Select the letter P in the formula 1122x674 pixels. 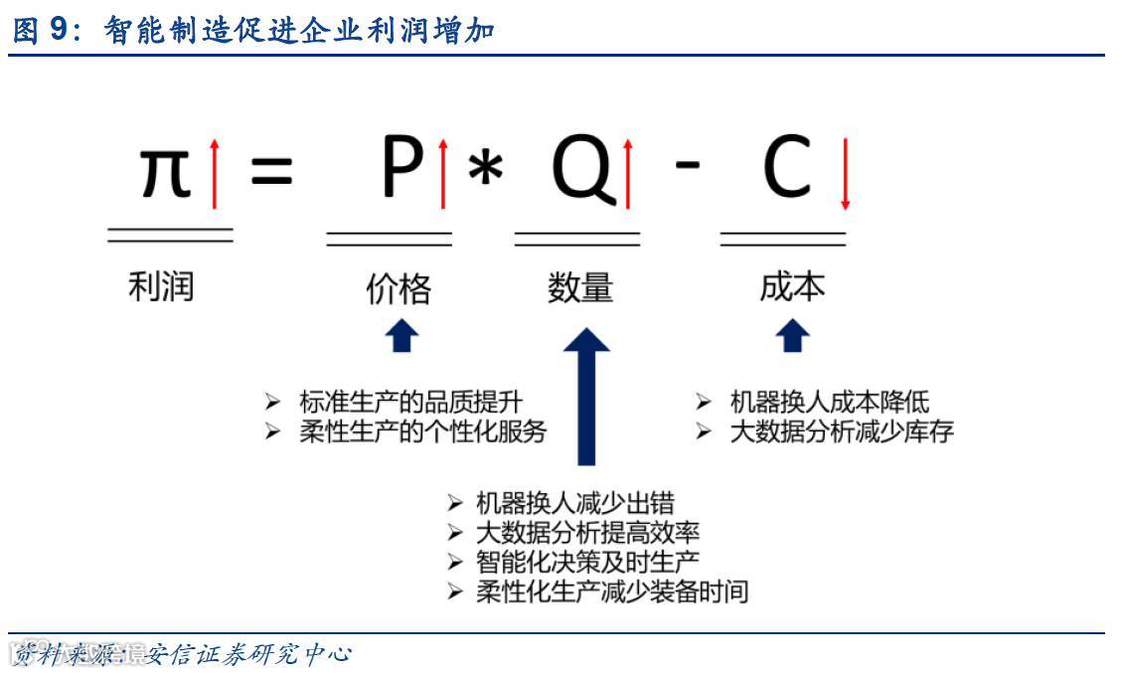tap(402, 170)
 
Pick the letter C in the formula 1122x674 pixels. tap(787, 170)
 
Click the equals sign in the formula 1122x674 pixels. tap(271, 171)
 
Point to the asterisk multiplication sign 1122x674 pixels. tap(485, 172)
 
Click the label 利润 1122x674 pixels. tap(161, 286)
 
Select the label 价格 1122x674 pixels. tap(399, 288)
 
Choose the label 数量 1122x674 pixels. tap(580, 287)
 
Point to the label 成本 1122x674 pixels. tap(792, 286)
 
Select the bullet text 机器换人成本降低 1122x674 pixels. tap(830, 402)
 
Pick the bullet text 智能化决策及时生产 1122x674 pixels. tap(587, 562)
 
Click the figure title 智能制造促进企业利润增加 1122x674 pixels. tap(299, 32)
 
